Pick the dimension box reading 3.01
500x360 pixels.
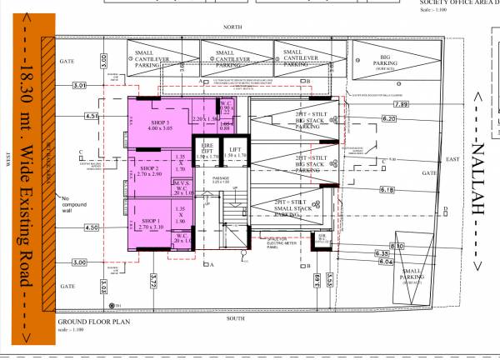click(x=80, y=86)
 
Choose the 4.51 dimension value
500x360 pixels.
click(x=92, y=116)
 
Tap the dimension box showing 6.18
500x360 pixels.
click(x=387, y=191)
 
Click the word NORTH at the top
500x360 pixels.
click(x=232, y=27)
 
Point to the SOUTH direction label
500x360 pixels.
click(x=235, y=318)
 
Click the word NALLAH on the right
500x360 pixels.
click(x=477, y=180)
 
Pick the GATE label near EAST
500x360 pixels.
click(x=430, y=173)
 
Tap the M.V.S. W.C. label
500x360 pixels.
click(x=182, y=186)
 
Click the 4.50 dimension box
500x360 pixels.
click(x=92, y=227)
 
